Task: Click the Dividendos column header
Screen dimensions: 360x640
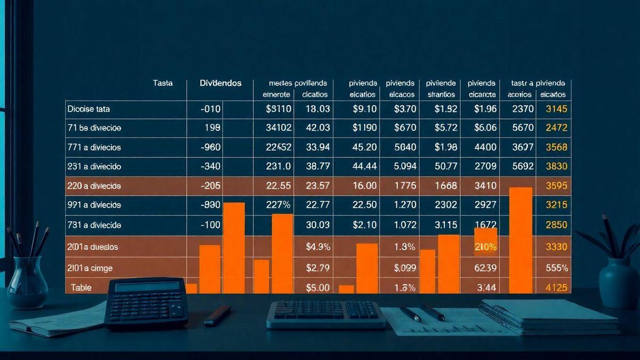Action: (220, 83)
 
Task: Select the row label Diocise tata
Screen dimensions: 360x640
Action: (89, 109)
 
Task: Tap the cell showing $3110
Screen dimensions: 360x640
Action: (278, 109)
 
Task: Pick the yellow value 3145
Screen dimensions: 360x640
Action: (556, 109)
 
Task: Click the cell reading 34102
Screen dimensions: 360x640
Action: (278, 128)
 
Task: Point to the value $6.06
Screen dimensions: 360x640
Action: (485, 128)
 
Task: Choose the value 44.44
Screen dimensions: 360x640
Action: (365, 166)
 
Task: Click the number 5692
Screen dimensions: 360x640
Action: (523, 166)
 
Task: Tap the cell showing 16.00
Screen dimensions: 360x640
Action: (365, 186)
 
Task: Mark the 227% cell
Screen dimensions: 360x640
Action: (278, 205)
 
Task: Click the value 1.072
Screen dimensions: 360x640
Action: (404, 225)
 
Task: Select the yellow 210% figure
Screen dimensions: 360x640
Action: (485, 247)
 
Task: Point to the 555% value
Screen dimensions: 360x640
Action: (557, 268)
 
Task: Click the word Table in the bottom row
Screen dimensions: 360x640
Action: (82, 287)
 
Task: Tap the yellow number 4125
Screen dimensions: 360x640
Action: (557, 287)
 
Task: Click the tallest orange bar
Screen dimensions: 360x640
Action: (521, 240)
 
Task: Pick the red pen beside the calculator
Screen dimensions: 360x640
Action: (218, 315)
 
